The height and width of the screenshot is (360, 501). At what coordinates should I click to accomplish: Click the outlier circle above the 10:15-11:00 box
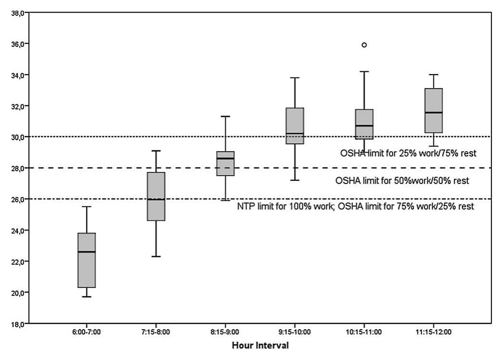point(364,45)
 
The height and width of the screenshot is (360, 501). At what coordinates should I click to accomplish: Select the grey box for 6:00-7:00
point(87,260)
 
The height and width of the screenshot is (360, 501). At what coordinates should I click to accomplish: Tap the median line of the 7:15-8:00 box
point(156,199)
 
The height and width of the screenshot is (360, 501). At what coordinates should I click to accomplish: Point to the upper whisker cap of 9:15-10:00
point(295,77)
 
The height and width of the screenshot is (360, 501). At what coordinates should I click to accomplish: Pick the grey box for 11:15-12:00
point(434,110)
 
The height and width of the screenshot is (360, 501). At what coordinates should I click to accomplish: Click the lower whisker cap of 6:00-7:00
point(87,296)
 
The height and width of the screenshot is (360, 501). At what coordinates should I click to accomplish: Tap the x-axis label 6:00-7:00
point(87,333)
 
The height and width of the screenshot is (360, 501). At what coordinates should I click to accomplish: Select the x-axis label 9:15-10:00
point(295,333)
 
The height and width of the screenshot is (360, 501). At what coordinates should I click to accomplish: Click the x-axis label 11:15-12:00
point(434,333)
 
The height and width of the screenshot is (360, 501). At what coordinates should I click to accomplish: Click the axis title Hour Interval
point(260,346)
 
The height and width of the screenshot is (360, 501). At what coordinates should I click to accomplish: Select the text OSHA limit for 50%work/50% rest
point(402,181)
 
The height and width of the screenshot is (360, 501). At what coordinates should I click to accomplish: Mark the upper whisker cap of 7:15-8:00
point(156,151)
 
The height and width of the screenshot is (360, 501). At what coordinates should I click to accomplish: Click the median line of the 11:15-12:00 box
point(434,113)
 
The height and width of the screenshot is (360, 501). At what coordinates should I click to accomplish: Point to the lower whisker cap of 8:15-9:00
point(225,200)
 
